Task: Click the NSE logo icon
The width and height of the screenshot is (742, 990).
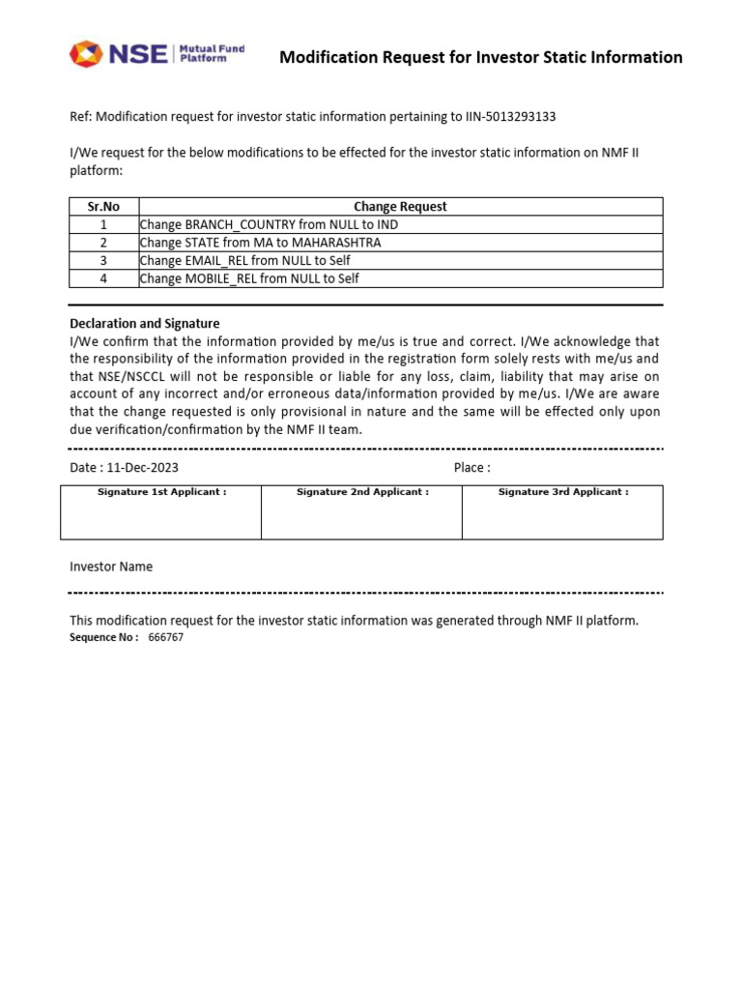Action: click(85, 54)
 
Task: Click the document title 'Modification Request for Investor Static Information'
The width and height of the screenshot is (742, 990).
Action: click(480, 57)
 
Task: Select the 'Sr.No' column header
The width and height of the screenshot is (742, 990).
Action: click(103, 206)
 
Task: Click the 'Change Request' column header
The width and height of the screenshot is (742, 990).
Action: click(400, 206)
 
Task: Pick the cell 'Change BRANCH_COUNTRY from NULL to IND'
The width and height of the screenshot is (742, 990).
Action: click(269, 224)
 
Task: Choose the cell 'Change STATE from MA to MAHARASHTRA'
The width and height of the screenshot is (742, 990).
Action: click(261, 243)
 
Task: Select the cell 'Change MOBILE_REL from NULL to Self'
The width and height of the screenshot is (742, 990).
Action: click(249, 278)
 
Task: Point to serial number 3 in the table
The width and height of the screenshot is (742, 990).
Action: click(103, 261)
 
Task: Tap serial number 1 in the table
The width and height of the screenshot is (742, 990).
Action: click(103, 224)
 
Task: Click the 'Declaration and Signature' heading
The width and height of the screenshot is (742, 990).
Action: click(144, 323)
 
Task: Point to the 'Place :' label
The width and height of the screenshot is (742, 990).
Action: click(471, 468)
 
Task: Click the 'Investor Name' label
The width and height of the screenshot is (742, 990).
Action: click(111, 567)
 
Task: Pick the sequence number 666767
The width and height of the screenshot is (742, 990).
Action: click(166, 638)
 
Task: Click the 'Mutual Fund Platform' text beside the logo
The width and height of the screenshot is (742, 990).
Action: click(212, 53)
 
